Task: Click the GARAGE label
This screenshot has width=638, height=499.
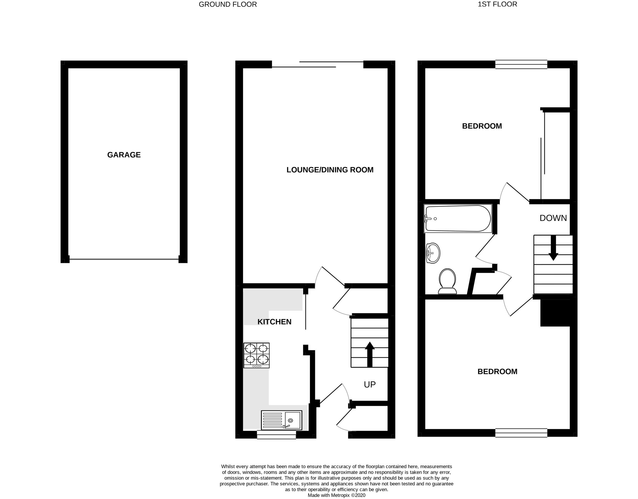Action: pyautogui.click(x=124, y=155)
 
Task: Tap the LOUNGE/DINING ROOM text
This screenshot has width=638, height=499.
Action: pyautogui.click(x=330, y=170)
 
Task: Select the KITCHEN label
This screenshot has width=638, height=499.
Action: pyautogui.click(x=274, y=322)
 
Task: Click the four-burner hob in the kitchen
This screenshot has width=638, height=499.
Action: pyautogui.click(x=257, y=355)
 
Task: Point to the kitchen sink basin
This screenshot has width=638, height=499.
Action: pyautogui.click(x=293, y=420)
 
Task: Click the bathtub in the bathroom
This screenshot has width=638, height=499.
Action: pyautogui.click(x=457, y=218)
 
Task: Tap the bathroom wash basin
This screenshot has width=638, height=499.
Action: pyautogui.click(x=433, y=253)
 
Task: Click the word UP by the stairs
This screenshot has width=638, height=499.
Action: pyautogui.click(x=370, y=385)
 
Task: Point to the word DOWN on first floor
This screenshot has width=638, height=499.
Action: pyautogui.click(x=553, y=218)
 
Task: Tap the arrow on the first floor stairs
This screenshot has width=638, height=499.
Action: pyautogui.click(x=553, y=248)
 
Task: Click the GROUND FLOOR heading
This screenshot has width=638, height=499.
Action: pyautogui.click(x=227, y=4)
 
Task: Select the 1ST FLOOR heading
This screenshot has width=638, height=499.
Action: pyautogui.click(x=497, y=4)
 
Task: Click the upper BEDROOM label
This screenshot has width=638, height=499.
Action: pyautogui.click(x=482, y=126)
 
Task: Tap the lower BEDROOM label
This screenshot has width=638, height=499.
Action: pyautogui.click(x=497, y=371)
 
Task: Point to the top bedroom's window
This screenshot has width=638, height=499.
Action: pyautogui.click(x=521, y=64)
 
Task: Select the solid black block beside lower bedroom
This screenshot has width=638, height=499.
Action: pyautogui.click(x=555, y=313)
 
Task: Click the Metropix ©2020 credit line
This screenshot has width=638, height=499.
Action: pyautogui.click(x=336, y=495)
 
